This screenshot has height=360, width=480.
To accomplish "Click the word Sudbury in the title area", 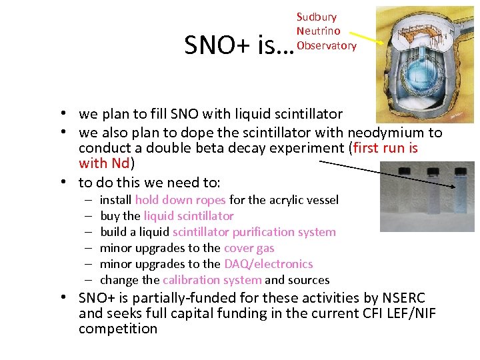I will coord(317,17).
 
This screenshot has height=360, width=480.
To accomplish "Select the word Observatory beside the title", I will coord(327,45).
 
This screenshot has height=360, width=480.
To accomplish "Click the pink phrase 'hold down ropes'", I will coord(180,200).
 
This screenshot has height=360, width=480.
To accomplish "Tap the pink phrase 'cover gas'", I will coord(249,248).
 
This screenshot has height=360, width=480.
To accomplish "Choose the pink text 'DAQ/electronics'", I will coord(268,264).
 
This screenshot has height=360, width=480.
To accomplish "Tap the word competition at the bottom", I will coord(118,329).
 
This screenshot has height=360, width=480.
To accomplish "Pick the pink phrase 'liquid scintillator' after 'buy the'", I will coord(189,216).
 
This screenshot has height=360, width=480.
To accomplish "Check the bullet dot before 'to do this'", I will coord(69,182).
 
